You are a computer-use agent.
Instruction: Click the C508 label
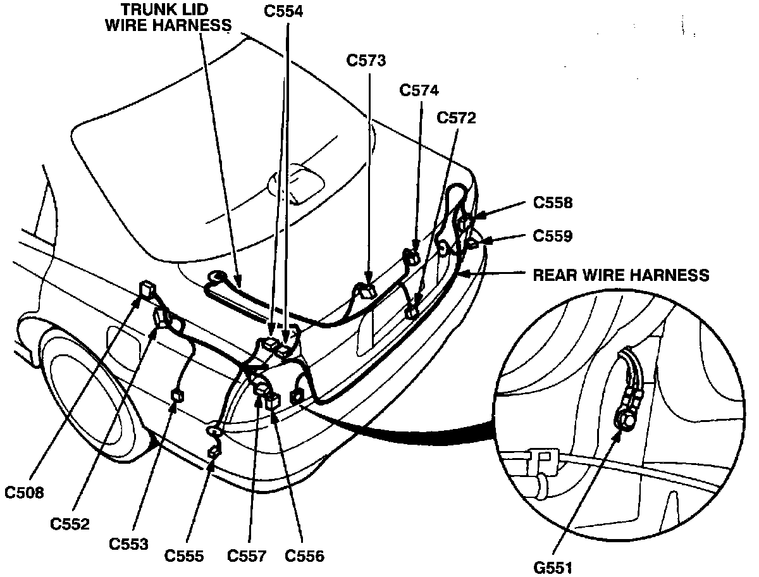[x=25, y=492]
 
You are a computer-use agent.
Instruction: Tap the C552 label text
[x=71, y=523]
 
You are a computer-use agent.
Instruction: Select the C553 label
[x=129, y=543]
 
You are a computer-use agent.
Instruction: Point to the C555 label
[x=184, y=556]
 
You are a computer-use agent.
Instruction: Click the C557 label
[x=247, y=556]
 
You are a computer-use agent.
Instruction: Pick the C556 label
[x=304, y=556]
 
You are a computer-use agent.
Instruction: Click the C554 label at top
[x=284, y=11]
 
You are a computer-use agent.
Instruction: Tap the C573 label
[x=367, y=60]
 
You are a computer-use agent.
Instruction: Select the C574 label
[x=419, y=90]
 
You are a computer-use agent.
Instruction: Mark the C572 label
[x=457, y=118]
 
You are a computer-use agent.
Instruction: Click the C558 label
[x=553, y=202]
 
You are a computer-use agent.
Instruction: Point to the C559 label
[x=553, y=236]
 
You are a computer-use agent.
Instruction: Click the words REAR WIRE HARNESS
[x=621, y=275]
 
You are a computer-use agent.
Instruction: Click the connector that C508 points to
[x=149, y=290]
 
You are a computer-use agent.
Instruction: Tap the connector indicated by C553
[x=178, y=397]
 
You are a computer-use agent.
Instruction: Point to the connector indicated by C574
[x=412, y=256]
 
